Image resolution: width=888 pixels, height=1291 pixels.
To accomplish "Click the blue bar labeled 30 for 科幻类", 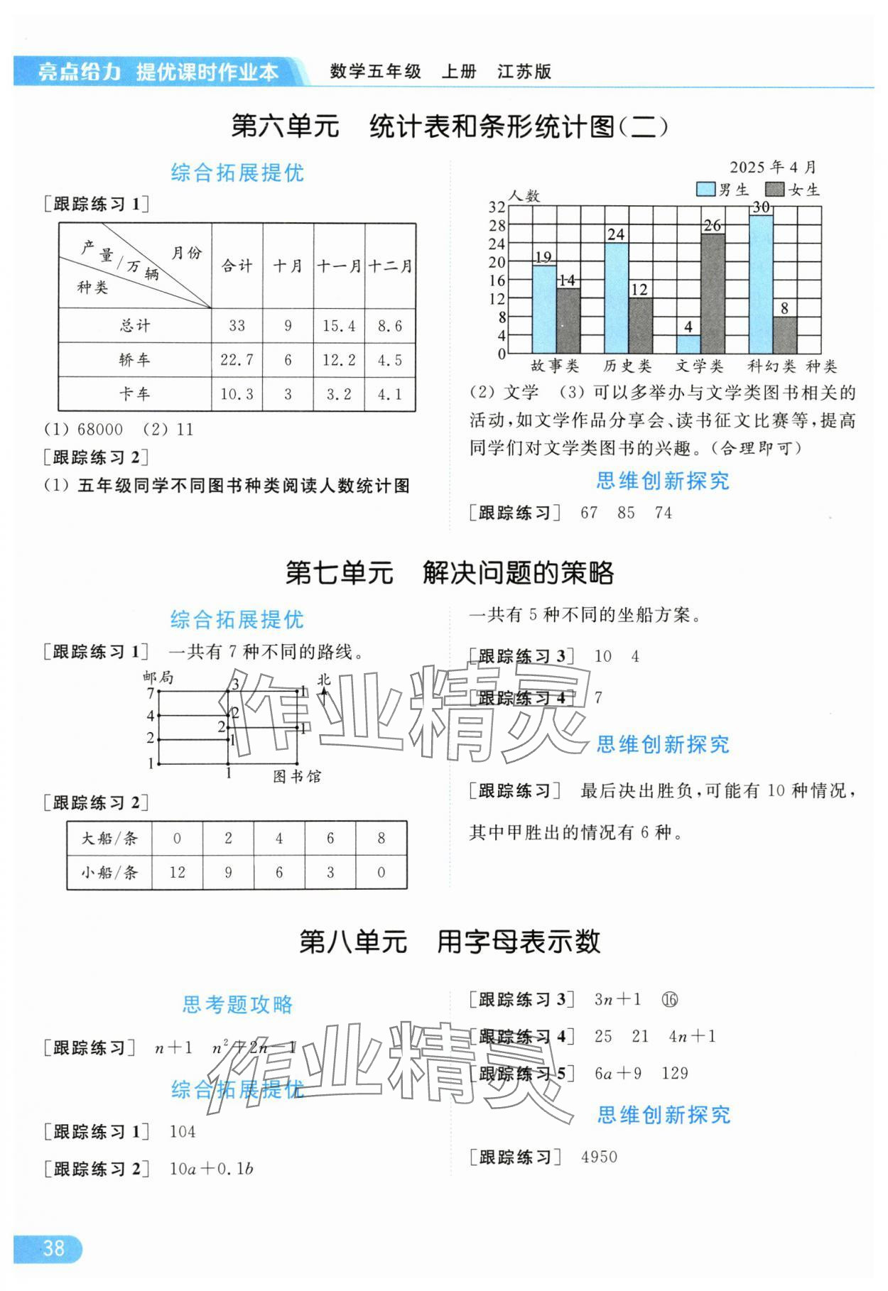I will (x=761, y=284).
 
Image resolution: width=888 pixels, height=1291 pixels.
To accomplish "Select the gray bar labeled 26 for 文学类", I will (x=713, y=293).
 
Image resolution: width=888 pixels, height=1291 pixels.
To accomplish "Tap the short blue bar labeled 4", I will (x=688, y=344).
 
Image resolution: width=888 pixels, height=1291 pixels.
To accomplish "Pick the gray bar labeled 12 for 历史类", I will (x=640, y=325).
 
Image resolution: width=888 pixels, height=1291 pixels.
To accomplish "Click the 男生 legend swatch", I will (x=705, y=190).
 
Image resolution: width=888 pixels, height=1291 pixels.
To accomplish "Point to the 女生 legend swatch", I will (x=774, y=190).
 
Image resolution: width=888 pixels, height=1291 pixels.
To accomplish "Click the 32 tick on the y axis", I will (x=497, y=207).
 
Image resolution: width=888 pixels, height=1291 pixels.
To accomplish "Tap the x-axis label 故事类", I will (x=556, y=366).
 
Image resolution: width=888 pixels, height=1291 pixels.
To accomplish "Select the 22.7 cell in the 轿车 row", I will (x=237, y=360).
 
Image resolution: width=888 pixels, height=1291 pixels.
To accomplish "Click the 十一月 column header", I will (x=339, y=266).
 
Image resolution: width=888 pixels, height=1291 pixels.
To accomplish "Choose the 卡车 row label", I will (x=134, y=394).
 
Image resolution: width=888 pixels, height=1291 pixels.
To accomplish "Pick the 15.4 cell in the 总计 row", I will (x=339, y=326).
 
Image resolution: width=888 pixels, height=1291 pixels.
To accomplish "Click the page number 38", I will (x=53, y=1248).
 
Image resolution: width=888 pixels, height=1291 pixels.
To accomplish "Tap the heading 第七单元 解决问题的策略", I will (x=449, y=572).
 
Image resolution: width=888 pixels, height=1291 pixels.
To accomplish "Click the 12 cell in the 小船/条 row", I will (x=177, y=872).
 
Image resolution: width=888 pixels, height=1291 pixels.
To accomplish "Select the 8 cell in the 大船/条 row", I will (x=381, y=839).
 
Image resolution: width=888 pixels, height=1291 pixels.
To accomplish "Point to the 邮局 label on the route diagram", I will (x=158, y=677).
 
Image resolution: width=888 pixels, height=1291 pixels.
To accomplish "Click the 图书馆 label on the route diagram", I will (x=297, y=776).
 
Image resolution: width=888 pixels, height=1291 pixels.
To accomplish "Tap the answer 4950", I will (x=599, y=1157).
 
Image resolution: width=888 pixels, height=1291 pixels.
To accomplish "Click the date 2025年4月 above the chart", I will (x=773, y=168).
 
